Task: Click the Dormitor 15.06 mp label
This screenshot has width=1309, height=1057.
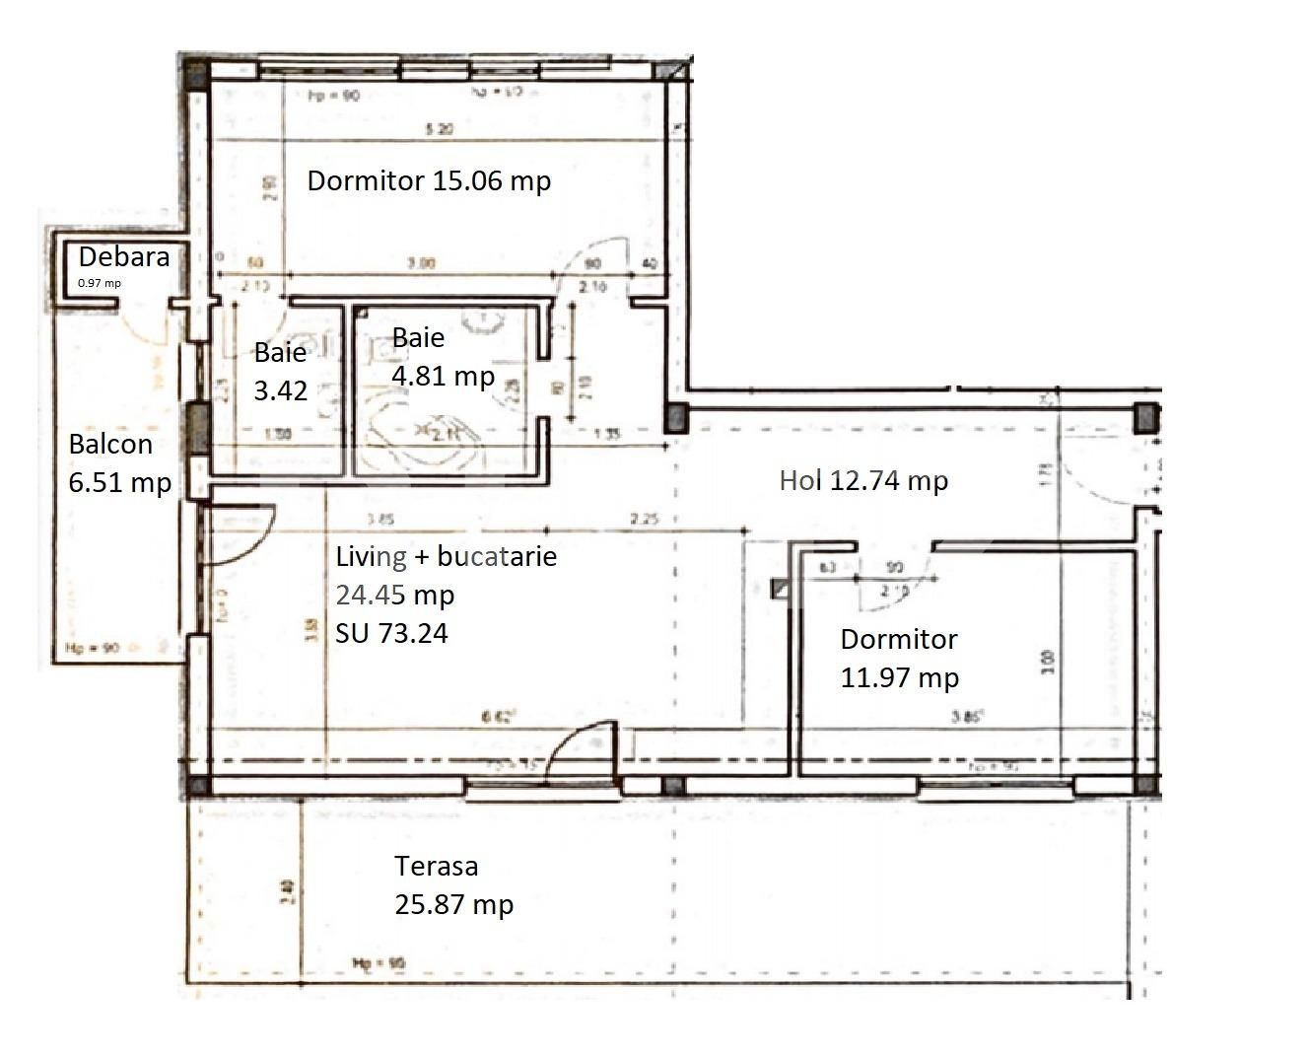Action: pos(429,181)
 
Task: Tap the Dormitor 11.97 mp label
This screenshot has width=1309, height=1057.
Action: pos(899,659)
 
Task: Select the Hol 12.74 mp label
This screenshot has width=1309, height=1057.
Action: pos(863,481)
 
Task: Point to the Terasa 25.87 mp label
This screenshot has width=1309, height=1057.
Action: pos(453,885)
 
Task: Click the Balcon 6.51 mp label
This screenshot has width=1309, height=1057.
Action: pos(119,463)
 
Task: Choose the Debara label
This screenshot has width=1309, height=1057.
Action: pos(123,257)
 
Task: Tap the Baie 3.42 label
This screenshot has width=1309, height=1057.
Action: pos(281,372)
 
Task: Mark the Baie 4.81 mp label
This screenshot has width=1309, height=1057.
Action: pos(443,357)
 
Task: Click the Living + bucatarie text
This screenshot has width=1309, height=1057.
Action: pos(446,557)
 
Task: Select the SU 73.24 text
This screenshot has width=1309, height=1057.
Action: pos(391,633)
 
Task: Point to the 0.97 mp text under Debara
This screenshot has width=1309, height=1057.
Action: pos(100,284)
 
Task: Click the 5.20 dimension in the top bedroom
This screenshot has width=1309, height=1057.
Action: pos(439,129)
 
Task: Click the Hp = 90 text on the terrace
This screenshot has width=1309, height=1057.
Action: pos(379,963)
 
